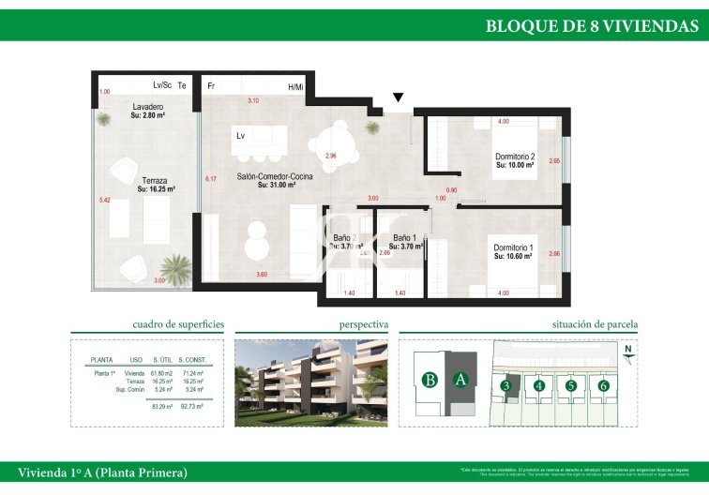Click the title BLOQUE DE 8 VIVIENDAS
[x=591, y=26]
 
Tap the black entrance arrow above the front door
[x=399, y=97]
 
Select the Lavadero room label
[x=148, y=107]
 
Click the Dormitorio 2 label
[x=515, y=157]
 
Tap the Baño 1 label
[x=403, y=238]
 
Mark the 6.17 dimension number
[x=211, y=179]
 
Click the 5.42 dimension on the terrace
[x=104, y=200]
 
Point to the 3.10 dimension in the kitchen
[x=253, y=100]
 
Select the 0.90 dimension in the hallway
[x=451, y=190]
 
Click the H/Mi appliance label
[x=295, y=87]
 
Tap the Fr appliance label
[x=212, y=86]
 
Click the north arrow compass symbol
[x=626, y=351]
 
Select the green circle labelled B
[x=430, y=380]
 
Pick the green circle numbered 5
[x=571, y=384]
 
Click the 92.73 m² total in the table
[x=191, y=407]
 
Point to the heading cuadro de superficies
[x=178, y=324]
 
